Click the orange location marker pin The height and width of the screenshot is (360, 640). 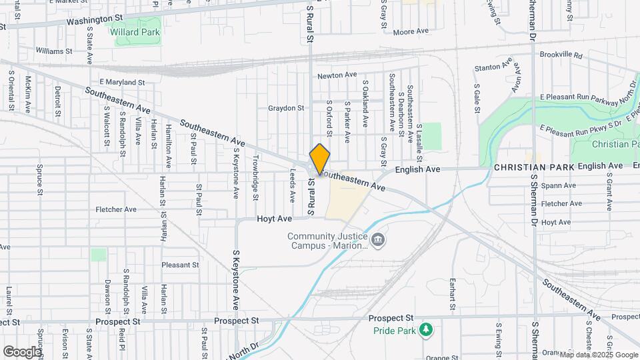click(x=320, y=159)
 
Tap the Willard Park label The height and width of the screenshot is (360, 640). click(x=138, y=31)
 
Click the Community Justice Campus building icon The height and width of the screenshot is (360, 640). click(x=378, y=239)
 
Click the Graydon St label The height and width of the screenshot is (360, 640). click(x=286, y=108)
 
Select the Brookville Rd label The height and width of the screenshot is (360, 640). click(x=561, y=55)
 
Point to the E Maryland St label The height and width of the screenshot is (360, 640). click(x=122, y=82)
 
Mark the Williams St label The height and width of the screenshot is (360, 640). click(x=54, y=51)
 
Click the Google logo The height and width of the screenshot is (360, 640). click(x=22, y=351)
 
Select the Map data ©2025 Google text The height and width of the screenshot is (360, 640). click(x=598, y=355)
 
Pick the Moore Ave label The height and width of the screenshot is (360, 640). click(x=411, y=31)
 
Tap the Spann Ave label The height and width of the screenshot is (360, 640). click(x=559, y=185)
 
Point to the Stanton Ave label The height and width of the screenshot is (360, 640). click(x=493, y=68)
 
